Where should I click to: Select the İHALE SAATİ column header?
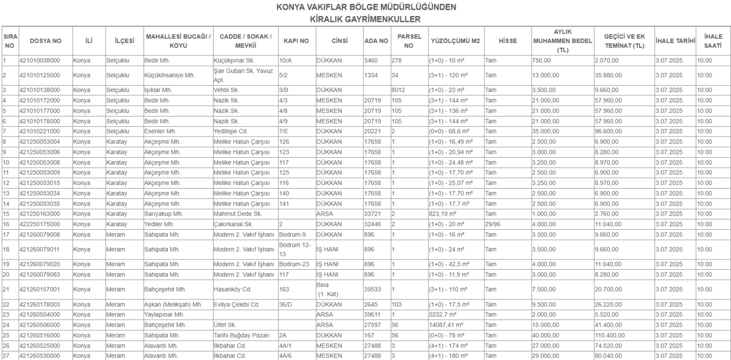[713, 41]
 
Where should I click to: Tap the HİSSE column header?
[507, 41]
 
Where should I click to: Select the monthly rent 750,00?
[542, 59]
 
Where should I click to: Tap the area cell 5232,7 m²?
[446, 314]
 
